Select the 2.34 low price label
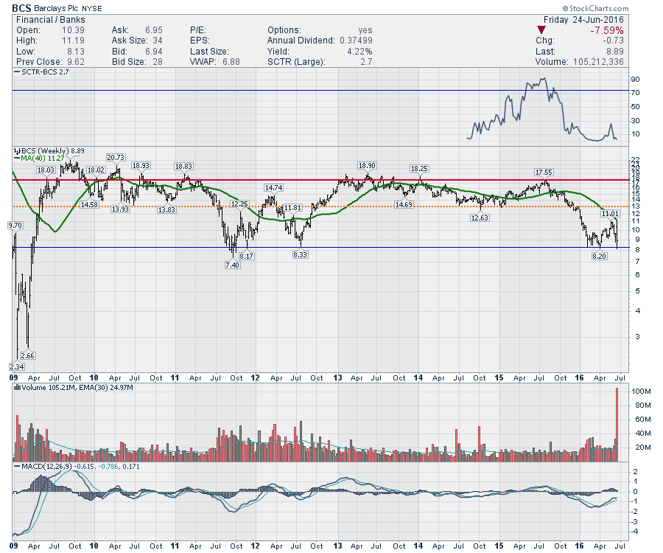pyautogui.click(x=16, y=366)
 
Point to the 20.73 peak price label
pyautogui.click(x=115, y=157)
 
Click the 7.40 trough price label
pyautogui.click(x=231, y=264)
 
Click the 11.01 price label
pyautogui.click(x=609, y=213)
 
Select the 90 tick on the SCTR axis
pyautogui.click(x=634, y=79)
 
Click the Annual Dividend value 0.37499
pyautogui.click(x=354, y=41)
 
